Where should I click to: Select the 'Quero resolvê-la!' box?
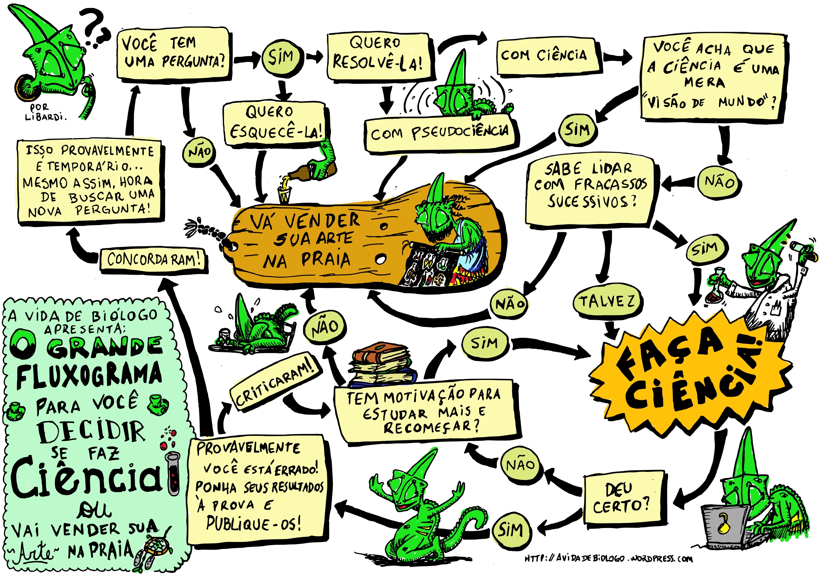pyautogui.click(x=378, y=56)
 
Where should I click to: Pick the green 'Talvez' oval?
pyautogui.click(x=607, y=301)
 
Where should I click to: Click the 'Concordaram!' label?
pyautogui.click(x=153, y=260)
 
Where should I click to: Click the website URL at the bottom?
pyautogui.click(x=608, y=559)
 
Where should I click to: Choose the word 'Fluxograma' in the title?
pyautogui.click(x=89, y=375)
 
